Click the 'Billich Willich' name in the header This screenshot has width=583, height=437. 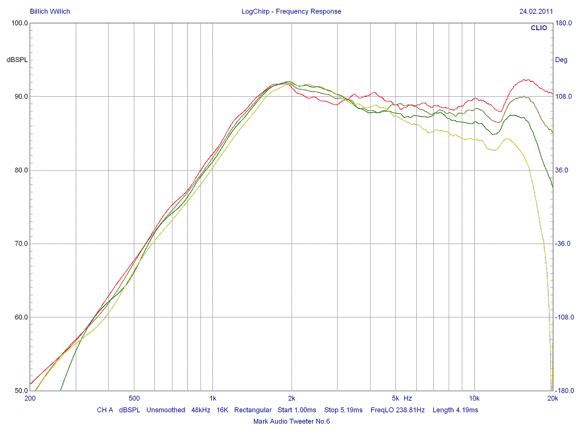click(x=50, y=11)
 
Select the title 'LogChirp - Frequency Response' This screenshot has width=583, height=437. click(x=291, y=11)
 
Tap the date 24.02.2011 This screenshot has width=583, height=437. click(x=536, y=11)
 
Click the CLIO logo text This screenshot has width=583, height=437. click(x=539, y=28)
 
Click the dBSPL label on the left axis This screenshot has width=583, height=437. click(x=17, y=60)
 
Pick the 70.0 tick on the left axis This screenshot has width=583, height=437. click(x=21, y=244)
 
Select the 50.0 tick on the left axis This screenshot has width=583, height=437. click(x=21, y=391)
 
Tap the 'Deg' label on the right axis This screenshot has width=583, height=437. click(x=561, y=60)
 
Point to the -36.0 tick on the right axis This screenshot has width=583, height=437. click(x=563, y=244)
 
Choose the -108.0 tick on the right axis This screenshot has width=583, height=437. click(x=564, y=317)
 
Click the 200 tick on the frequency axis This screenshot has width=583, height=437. click(x=30, y=398)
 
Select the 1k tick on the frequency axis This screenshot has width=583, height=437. click(x=212, y=398)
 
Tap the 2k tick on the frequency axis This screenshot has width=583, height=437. click(x=291, y=398)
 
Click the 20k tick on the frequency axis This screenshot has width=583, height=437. click(x=551, y=398)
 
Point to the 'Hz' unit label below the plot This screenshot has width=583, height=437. click(x=408, y=398)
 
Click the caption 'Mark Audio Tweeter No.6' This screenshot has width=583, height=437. click(x=291, y=422)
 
